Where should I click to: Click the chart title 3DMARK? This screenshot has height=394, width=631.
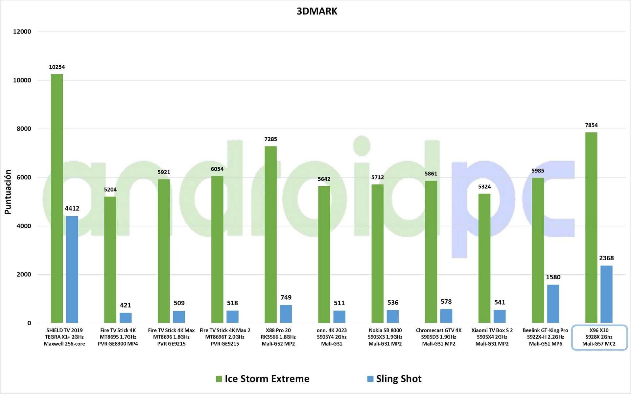[x=317, y=11]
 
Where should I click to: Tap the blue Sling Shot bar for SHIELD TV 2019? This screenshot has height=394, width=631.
[x=72, y=269]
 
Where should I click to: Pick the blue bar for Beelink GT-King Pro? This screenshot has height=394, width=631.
[x=553, y=304]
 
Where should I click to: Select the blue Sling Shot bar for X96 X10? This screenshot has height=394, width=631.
[x=606, y=294]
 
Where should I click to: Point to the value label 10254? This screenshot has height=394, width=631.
[x=57, y=67]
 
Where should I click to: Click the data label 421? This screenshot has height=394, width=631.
[x=126, y=305]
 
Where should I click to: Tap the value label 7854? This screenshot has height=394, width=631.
[x=591, y=125]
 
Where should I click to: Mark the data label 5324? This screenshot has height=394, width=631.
[x=484, y=187]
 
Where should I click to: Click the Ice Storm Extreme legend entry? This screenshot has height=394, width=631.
[x=263, y=379]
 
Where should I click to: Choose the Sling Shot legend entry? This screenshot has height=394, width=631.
[x=394, y=379]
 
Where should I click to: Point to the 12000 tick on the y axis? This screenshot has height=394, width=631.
[x=22, y=32]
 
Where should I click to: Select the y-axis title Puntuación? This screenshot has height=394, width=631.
[x=8, y=192]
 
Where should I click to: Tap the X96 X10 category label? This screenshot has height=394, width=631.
[x=599, y=337]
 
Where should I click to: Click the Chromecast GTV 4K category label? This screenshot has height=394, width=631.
[x=439, y=337]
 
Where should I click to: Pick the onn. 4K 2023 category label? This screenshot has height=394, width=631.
[x=332, y=337]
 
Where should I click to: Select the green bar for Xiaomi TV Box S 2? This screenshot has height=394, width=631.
[x=484, y=258]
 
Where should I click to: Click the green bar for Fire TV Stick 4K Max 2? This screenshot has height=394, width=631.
[x=217, y=249]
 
